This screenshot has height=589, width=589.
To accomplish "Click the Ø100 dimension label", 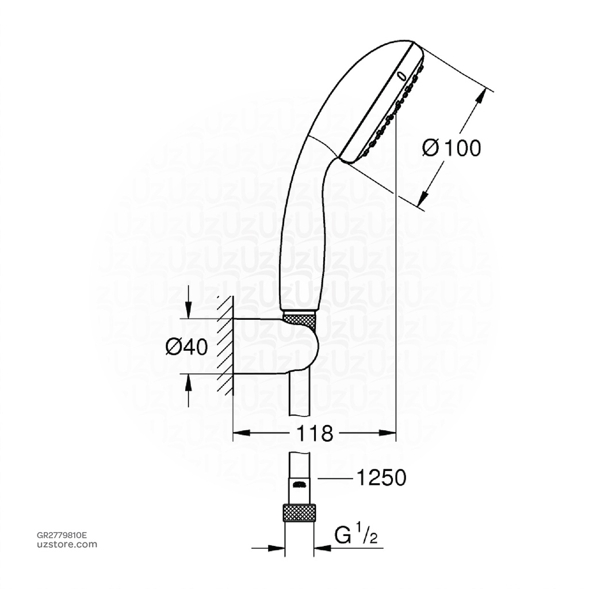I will click(x=451, y=148).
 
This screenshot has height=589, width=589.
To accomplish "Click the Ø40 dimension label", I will click(x=186, y=347).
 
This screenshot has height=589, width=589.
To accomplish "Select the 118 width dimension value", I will click(x=315, y=433).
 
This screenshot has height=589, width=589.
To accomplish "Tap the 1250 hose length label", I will click(x=381, y=477).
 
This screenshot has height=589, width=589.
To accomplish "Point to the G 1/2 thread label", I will click(x=356, y=537).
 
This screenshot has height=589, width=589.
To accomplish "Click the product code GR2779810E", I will click(x=62, y=535).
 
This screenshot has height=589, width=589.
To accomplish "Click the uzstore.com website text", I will click(x=67, y=545).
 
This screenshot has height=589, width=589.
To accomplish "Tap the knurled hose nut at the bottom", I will click(x=300, y=513).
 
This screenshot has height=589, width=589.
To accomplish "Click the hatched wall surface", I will click(x=225, y=345).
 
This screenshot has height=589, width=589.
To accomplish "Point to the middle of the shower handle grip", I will click(x=302, y=230).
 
